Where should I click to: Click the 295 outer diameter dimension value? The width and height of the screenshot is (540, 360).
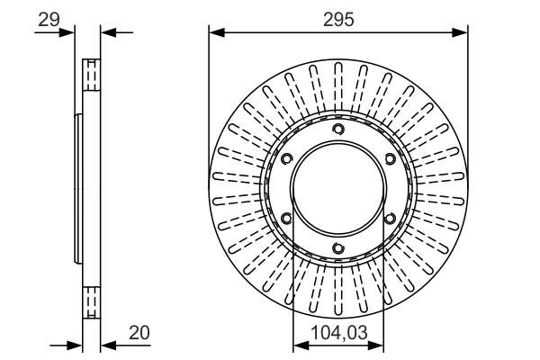[338, 17]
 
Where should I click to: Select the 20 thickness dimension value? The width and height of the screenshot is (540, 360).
[139, 332]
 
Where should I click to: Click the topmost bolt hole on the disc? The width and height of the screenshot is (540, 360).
[338, 130]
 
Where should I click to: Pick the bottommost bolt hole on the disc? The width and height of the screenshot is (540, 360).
[338, 249]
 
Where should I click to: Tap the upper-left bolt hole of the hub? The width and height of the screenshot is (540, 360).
[286, 159]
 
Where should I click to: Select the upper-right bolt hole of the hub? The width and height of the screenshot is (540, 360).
[391, 159]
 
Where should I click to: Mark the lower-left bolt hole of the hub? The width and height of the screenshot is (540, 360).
[286, 219]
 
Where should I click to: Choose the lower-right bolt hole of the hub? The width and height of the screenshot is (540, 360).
[391, 219]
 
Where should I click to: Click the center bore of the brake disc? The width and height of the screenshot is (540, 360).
[338, 189]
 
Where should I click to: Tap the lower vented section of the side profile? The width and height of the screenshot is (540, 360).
[91, 301]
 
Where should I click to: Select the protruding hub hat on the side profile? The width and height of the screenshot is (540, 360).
[79, 189]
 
